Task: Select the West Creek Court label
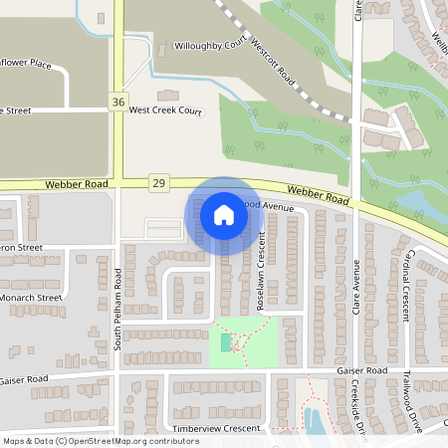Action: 165,110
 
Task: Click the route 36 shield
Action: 118,103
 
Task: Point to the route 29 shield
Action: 157,183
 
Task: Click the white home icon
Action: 223,214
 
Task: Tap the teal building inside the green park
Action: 226,342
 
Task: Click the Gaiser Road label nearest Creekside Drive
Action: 362,370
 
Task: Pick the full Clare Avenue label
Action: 355,298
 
